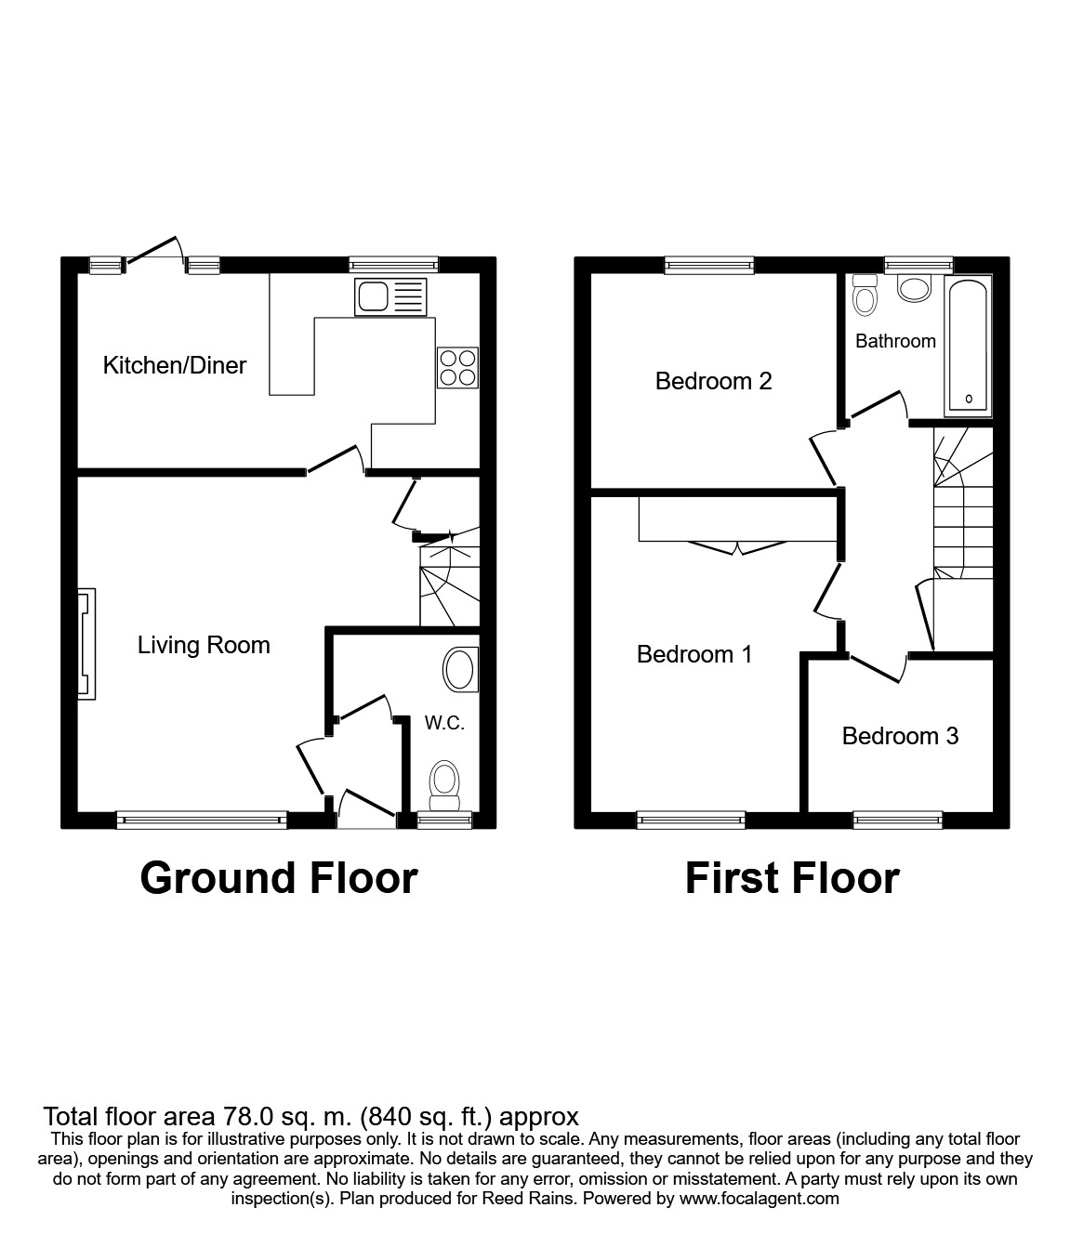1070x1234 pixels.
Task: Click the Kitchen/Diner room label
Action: [x=174, y=365]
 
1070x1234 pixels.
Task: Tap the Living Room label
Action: [x=204, y=645]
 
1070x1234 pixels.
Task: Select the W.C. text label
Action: [x=444, y=723]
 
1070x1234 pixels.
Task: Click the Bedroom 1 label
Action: [x=694, y=654]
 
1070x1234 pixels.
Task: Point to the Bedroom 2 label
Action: [x=713, y=381]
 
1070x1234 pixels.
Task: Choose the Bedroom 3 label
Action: [x=900, y=736]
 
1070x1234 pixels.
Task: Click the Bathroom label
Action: [x=895, y=341]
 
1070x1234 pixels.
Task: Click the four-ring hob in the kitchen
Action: [x=457, y=366]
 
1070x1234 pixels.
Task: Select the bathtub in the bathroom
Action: [x=968, y=346]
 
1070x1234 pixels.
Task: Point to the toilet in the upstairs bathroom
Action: [x=865, y=295]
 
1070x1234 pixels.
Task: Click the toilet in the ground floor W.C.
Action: [x=444, y=784]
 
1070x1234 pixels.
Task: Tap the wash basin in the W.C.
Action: [x=460, y=670]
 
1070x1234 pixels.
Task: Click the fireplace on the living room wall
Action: [x=86, y=644]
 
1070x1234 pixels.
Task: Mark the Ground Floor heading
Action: [x=278, y=878]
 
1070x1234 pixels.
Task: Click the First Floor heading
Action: [x=792, y=878]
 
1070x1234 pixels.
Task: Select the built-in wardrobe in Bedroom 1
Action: [x=738, y=521]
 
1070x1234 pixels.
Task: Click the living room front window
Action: [x=201, y=820]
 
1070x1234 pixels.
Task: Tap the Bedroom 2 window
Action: [x=709, y=266]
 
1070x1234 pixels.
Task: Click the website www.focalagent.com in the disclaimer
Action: [x=760, y=1199]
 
